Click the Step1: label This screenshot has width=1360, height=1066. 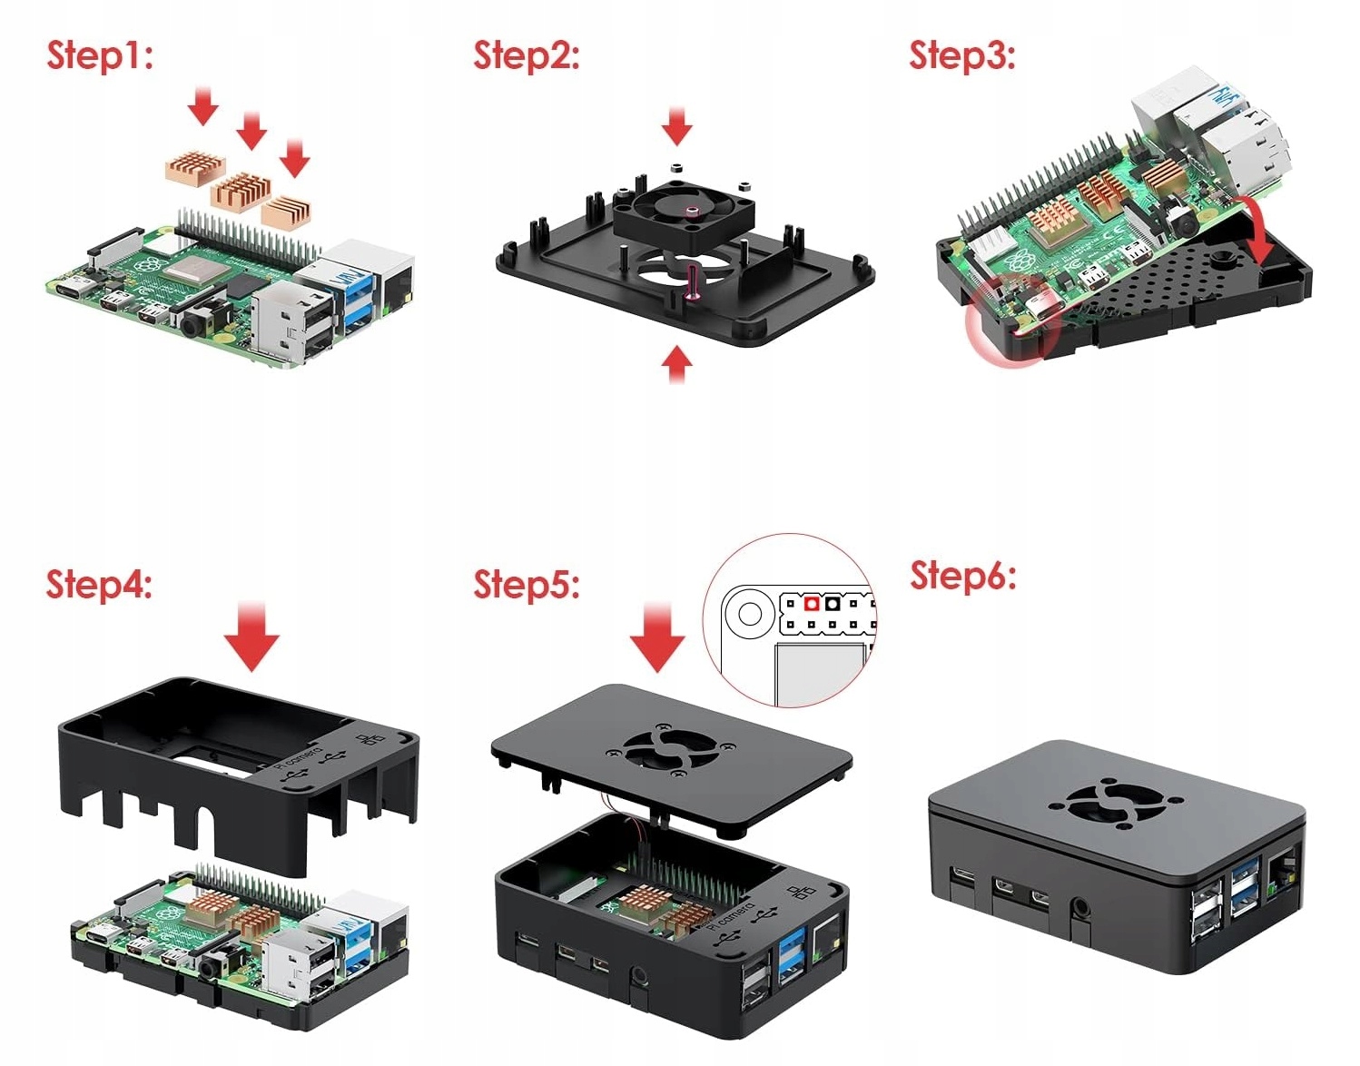click(x=100, y=55)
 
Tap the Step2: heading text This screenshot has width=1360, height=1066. click(x=526, y=55)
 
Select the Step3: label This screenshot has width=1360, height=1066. click(x=962, y=55)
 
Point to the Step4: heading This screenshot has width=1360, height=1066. click(x=99, y=584)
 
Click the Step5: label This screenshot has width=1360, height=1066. click(x=526, y=584)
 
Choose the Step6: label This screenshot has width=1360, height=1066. click(x=963, y=576)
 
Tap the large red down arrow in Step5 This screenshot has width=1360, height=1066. click(x=656, y=635)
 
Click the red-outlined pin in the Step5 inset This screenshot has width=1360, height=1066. click(x=812, y=604)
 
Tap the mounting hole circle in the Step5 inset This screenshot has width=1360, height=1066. click(x=750, y=615)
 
